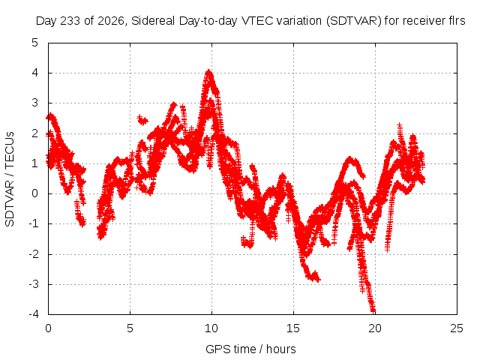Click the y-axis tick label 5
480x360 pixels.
(35, 43)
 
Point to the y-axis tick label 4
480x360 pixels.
(35, 73)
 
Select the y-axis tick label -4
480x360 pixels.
(33, 314)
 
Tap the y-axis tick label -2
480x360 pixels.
(33, 253)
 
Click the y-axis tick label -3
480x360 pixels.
(33, 284)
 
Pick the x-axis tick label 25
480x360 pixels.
(457, 328)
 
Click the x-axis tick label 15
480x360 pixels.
(293, 328)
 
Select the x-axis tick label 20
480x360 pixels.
(375, 328)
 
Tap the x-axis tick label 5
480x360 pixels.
(130, 328)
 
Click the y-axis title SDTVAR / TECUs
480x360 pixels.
(10, 179)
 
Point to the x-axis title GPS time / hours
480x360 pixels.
(250, 349)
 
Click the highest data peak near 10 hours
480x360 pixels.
(208, 71)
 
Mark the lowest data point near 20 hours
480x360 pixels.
(373, 310)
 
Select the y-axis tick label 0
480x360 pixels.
(35, 193)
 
